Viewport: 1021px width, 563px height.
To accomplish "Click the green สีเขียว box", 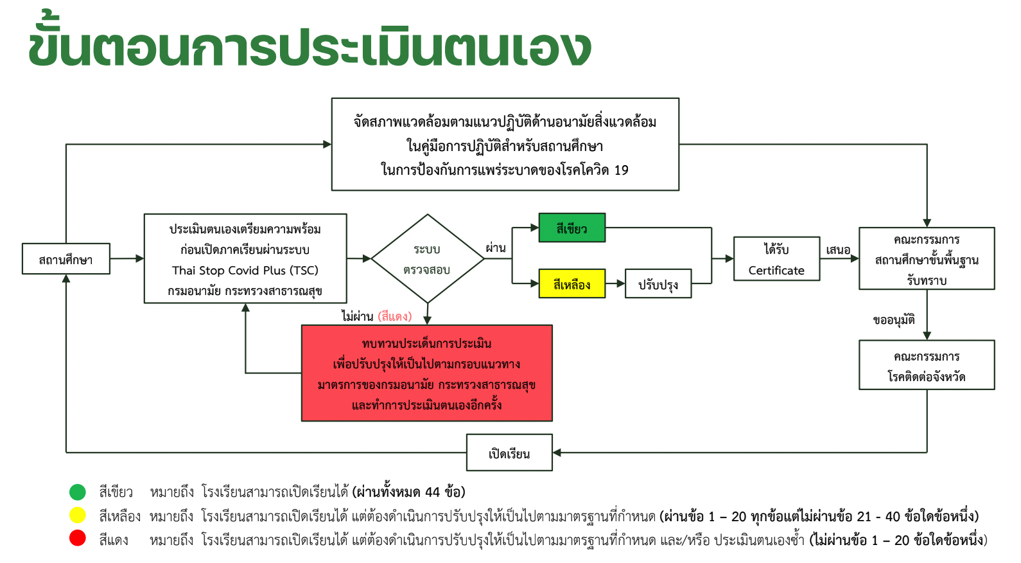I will coord(572,228).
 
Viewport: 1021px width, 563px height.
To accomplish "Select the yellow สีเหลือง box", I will coord(572,283).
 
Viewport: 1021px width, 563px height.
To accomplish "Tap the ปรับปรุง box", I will coord(658,283).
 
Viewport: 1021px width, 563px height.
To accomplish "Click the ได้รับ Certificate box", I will coord(776,259).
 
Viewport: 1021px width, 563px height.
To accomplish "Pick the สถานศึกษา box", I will coord(65,259).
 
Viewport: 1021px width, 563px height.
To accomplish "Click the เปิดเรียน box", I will coord(509,453).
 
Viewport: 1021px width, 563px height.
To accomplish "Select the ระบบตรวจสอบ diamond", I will coord(427,258).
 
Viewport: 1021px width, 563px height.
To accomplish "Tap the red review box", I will coord(426,373).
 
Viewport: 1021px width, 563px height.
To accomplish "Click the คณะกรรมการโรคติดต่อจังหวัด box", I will coord(927,365).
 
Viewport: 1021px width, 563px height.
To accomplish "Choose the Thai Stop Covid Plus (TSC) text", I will coord(245,271).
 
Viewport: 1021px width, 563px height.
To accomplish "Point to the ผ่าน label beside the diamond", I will coord(496,247).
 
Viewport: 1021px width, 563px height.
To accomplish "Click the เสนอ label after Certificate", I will coord(838,249).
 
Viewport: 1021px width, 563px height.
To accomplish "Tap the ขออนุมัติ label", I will coord(894,319).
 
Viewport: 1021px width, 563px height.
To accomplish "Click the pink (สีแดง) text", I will coord(394,316).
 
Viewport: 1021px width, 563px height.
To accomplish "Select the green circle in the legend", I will coord(78,492).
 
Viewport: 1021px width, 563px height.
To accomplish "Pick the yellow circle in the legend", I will coord(78,515).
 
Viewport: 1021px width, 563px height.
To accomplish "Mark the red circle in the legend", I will coord(78,539).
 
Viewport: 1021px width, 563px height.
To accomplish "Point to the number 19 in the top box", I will coord(621,170).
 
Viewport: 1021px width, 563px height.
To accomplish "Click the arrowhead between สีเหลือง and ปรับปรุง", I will coord(620,283).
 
